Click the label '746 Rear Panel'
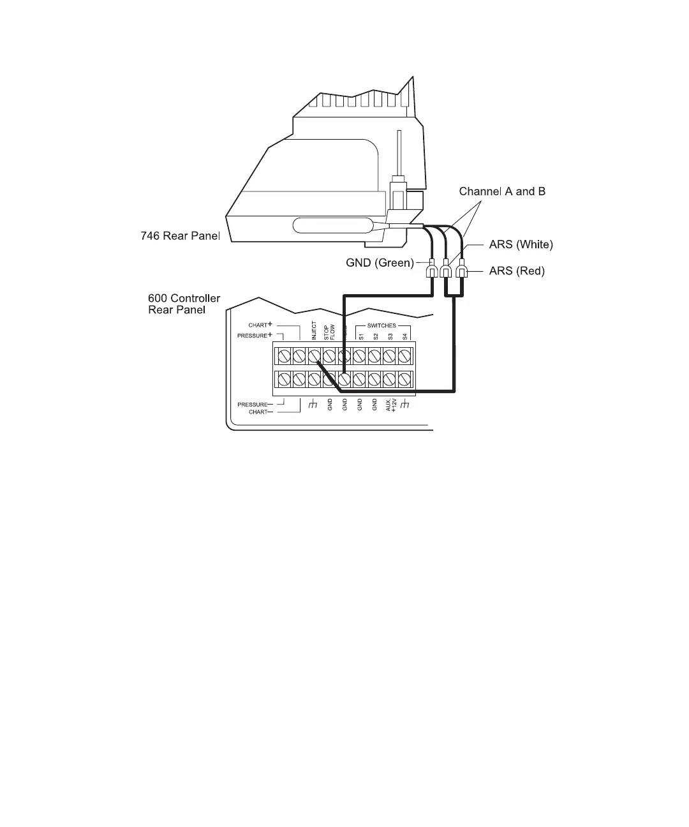tap(180, 236)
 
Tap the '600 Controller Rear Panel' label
tap(184, 304)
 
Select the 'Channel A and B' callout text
tap(502, 191)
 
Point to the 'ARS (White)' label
tap(521, 244)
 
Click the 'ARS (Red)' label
tap(517, 271)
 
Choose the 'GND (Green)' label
tap(380, 262)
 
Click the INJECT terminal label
tap(314, 331)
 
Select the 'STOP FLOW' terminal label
tap(329, 331)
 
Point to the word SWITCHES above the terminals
tap(382, 325)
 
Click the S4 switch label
tap(404, 336)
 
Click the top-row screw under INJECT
tap(314, 355)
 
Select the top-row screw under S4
tap(404, 355)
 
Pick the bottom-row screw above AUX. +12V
tap(389, 380)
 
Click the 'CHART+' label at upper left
tap(260, 325)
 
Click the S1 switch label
tap(360, 336)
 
